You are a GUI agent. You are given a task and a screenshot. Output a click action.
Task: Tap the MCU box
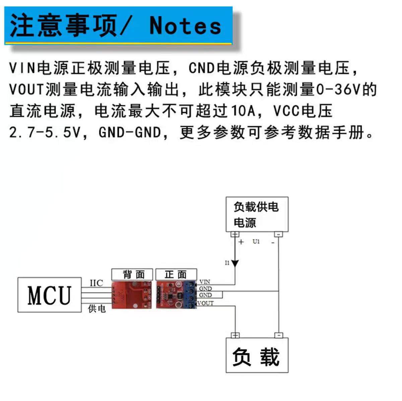tap(50, 295)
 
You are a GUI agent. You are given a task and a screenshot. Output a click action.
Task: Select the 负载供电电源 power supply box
tap(257, 214)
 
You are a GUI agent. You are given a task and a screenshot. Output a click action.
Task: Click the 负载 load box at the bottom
tap(257, 355)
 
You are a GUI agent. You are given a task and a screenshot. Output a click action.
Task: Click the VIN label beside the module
tap(204, 282)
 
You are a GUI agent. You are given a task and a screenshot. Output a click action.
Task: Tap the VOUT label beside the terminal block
tap(205, 303)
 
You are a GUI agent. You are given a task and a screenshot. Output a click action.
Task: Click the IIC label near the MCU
tap(96, 283)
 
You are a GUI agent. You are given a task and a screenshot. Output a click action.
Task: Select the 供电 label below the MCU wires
tap(97, 309)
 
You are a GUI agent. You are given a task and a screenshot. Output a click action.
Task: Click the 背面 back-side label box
tap(132, 275)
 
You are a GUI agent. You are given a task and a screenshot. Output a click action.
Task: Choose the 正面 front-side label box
tap(176, 275)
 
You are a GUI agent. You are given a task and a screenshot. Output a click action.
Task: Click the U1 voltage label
tap(256, 242)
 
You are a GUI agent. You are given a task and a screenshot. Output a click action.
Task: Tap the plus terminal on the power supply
tap(235, 234)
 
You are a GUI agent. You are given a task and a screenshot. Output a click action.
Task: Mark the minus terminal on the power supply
tap(278, 234)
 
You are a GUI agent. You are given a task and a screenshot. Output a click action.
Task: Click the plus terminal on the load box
tap(235, 335)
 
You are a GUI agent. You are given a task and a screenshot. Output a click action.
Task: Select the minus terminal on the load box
tap(279, 335)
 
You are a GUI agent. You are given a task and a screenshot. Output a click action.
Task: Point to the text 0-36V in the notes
tap(339, 90)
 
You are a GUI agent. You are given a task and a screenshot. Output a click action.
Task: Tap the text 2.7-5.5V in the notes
tap(45, 132)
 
